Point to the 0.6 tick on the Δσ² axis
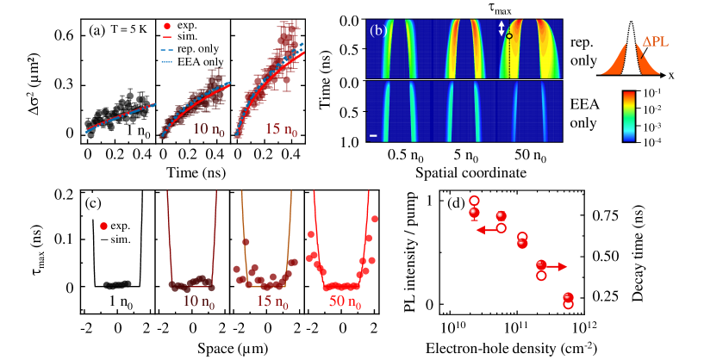pyautogui.click(x=65, y=35)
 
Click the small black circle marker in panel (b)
pyautogui.click(x=509, y=36)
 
